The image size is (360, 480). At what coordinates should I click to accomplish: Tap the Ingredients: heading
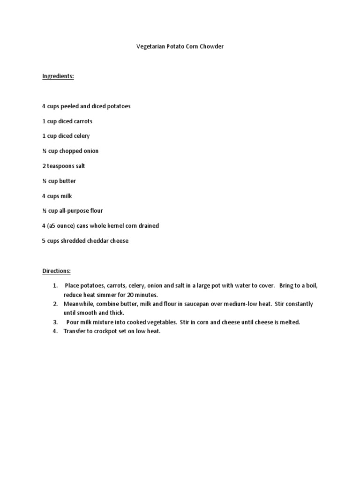(58, 76)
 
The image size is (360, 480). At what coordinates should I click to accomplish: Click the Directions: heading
(57, 271)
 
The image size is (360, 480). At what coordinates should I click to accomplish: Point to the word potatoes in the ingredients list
(119, 106)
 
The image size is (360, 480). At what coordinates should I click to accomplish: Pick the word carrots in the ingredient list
(82, 121)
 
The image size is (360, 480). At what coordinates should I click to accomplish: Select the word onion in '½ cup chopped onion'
(90, 151)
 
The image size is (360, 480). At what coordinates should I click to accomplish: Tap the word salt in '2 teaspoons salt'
(80, 166)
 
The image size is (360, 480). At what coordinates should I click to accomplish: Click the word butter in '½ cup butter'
(67, 181)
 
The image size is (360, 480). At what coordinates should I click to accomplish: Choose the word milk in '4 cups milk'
(66, 196)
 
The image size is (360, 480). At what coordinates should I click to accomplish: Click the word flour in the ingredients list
(95, 211)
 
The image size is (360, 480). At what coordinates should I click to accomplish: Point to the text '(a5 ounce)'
(63, 226)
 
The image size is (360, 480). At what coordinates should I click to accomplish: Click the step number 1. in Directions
(55, 285)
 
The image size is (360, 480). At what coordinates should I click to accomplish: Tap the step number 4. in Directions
(55, 331)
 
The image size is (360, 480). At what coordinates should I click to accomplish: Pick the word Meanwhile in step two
(78, 304)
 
